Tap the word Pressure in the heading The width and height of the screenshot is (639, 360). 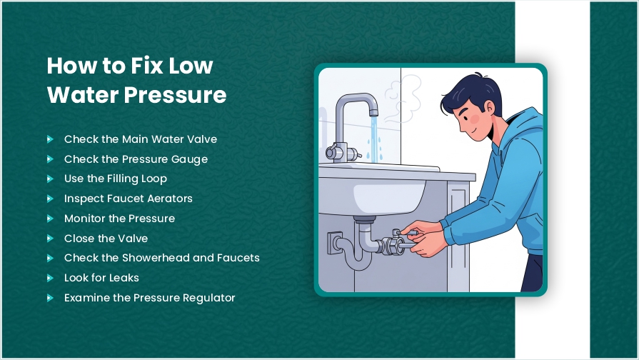tap(175, 95)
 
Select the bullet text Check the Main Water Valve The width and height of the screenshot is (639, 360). tap(141, 139)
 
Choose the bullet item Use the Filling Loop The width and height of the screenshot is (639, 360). tap(116, 179)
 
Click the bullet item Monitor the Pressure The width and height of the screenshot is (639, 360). tap(119, 219)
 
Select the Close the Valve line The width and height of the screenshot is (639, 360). tap(106, 239)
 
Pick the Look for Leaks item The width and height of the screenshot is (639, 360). tap(101, 278)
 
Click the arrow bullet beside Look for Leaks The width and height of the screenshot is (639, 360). tap(50, 278)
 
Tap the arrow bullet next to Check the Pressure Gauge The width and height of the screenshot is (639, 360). tap(50, 159)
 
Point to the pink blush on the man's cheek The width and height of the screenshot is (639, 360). tap(475, 119)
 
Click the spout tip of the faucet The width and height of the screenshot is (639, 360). tap(373, 112)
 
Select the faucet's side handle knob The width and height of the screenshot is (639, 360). tap(331, 152)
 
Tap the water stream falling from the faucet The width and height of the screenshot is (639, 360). tap(373, 139)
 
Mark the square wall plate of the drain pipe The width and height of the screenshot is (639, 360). tap(333, 244)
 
